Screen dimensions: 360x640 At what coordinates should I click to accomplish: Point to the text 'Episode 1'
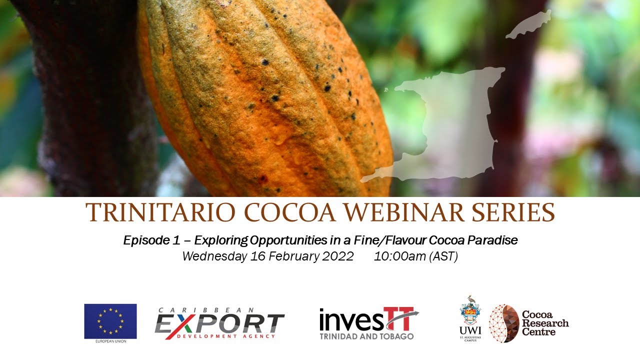[151, 240]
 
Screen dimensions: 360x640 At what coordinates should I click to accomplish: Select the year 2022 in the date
[334, 256]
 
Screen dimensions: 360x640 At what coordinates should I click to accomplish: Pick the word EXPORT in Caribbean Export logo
[220, 323]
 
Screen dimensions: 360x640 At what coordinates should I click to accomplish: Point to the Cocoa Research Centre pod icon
[503, 323]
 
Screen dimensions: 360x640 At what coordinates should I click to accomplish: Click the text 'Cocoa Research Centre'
[545, 323]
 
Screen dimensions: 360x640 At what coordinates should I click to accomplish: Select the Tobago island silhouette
[529, 24]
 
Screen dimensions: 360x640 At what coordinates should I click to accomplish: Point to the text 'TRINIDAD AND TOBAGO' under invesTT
[366, 336]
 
